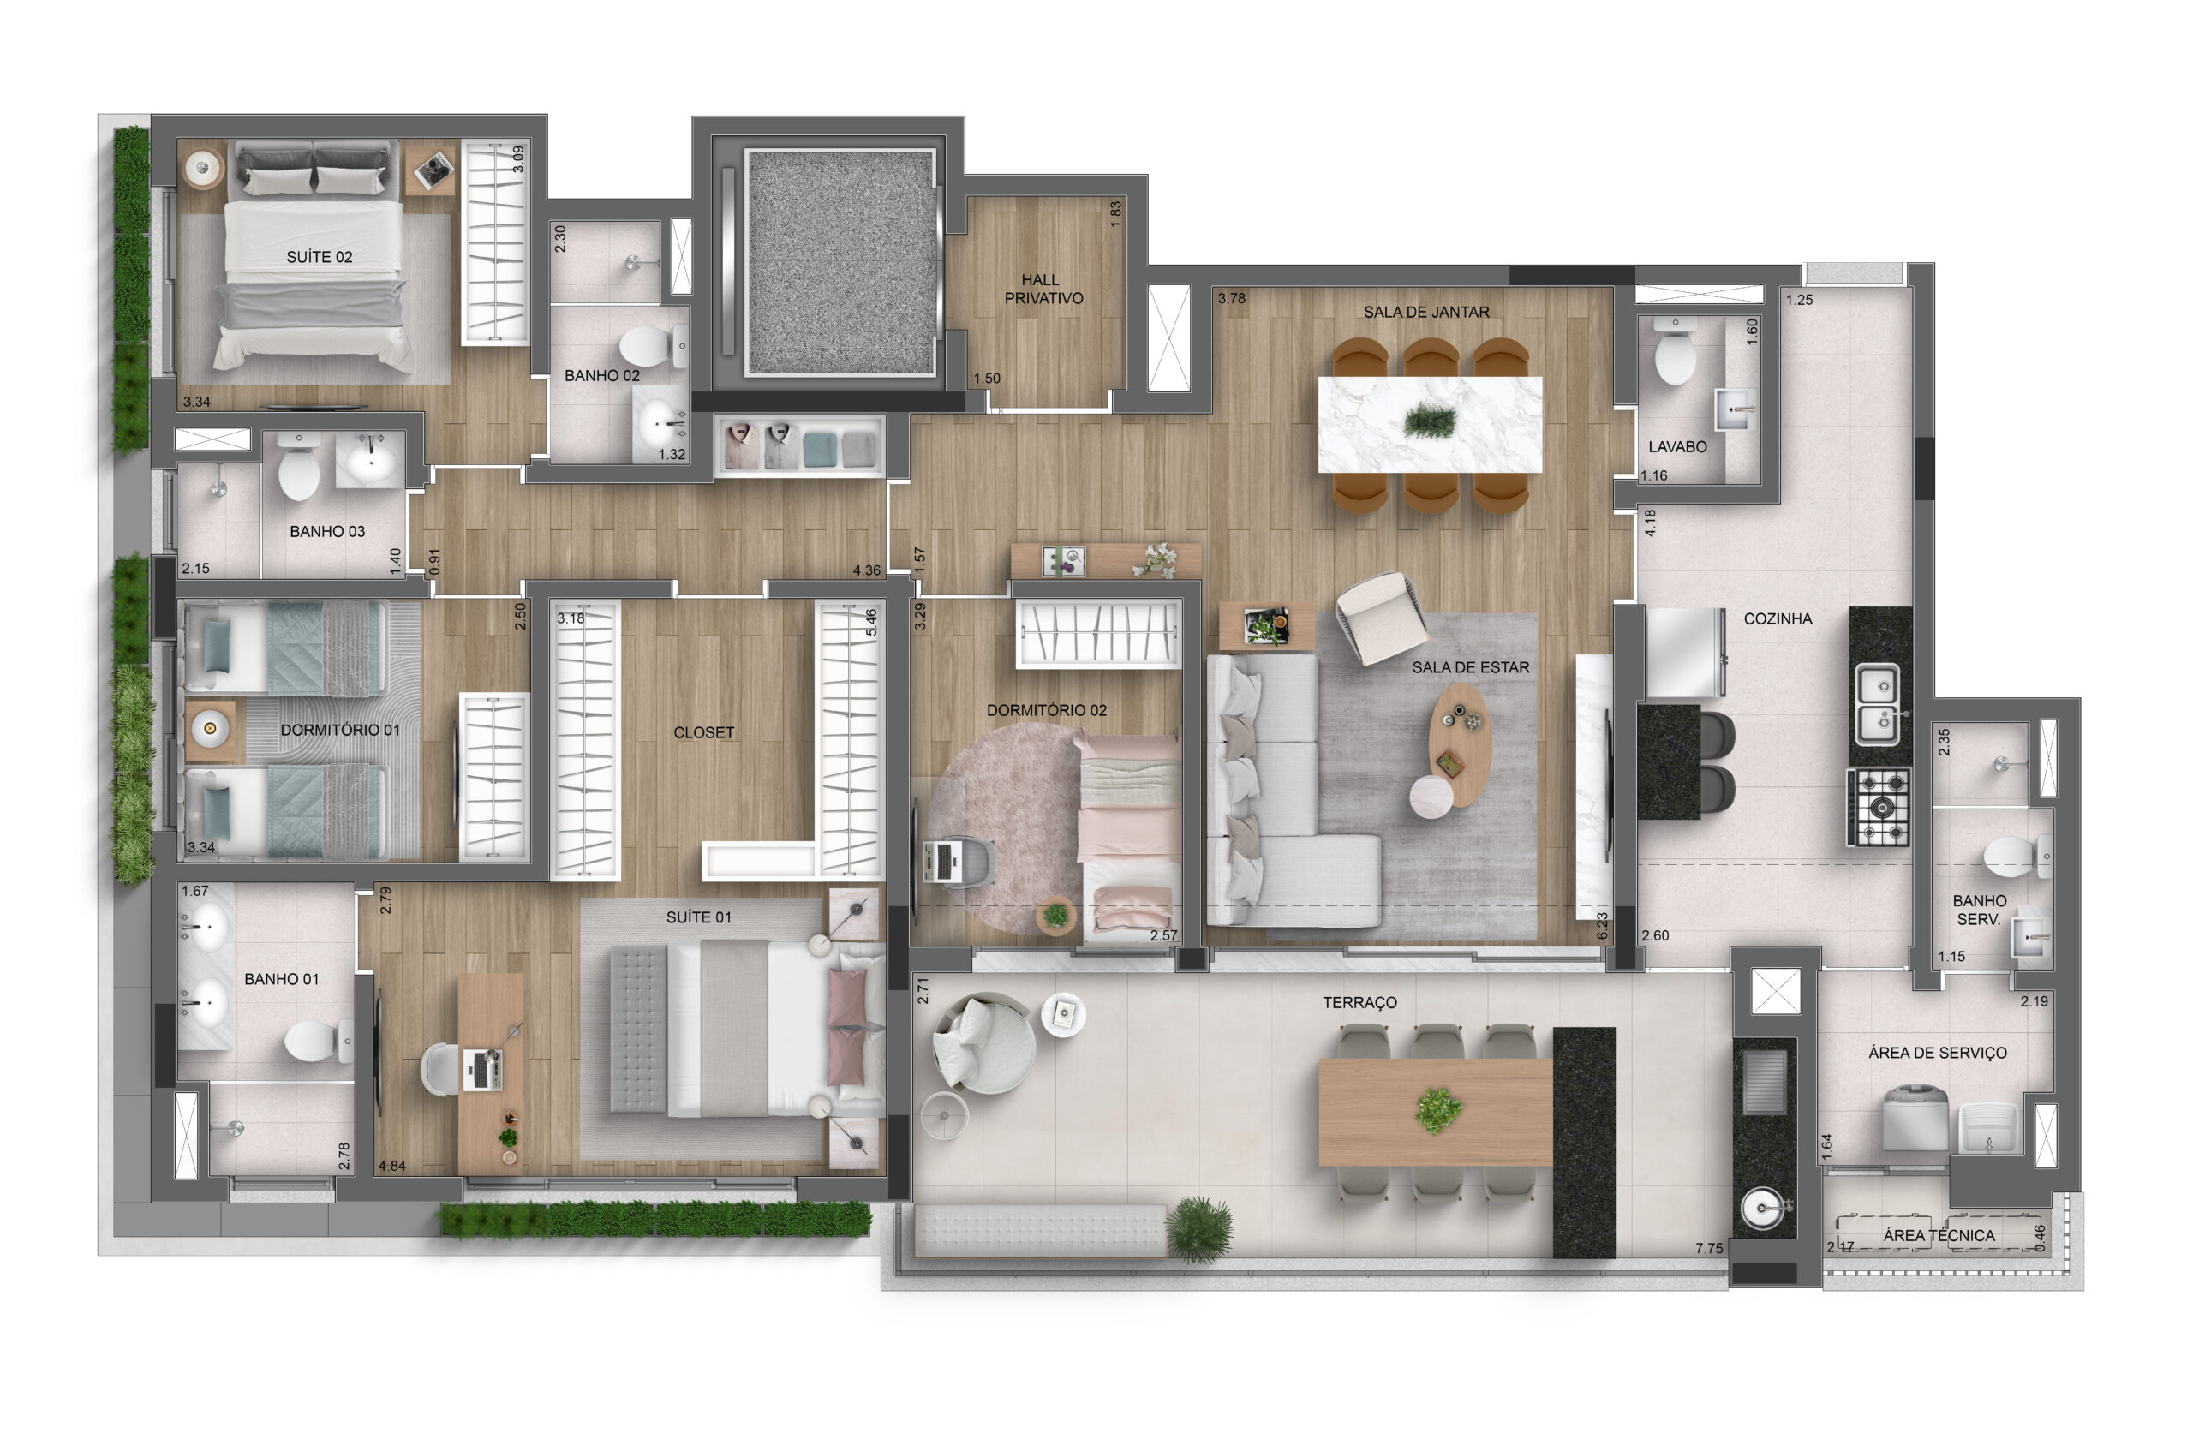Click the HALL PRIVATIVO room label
1043,289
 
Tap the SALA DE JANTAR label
1425,313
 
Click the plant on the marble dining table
1430,422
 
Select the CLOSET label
703,732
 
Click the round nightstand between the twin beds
210,729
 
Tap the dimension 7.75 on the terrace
1708,1249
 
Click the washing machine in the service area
1915,1118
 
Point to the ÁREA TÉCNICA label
1939,1236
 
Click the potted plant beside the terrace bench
1199,1228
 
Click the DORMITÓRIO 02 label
1047,711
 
